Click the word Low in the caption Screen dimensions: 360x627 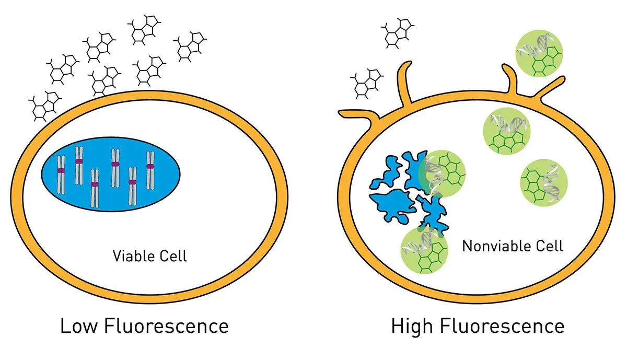click(x=78, y=327)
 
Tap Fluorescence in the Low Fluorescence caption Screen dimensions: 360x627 click(x=167, y=327)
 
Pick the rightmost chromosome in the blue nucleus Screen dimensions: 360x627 click(x=150, y=170)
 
